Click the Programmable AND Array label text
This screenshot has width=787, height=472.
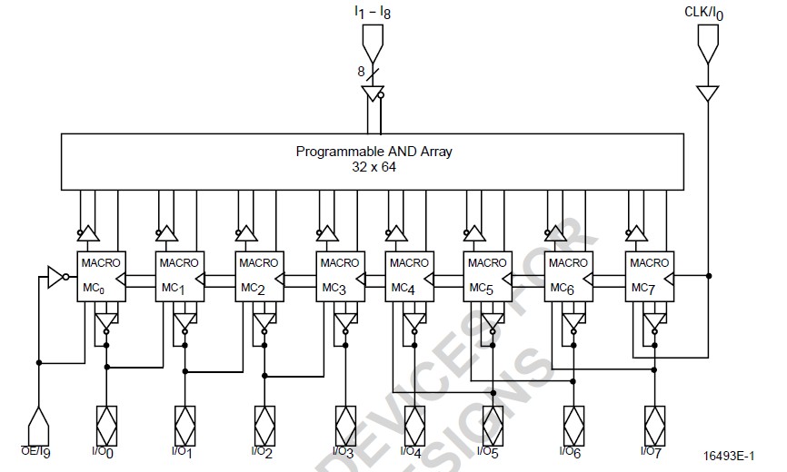pyautogui.click(x=374, y=152)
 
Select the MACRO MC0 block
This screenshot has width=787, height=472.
pyautogui.click(x=99, y=275)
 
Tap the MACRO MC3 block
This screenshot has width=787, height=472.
pyautogui.click(x=339, y=275)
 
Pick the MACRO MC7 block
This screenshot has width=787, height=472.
pyautogui.click(x=649, y=275)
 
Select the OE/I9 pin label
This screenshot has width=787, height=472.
pyautogui.click(x=36, y=451)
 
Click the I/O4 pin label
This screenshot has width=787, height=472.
pyautogui.click(x=413, y=451)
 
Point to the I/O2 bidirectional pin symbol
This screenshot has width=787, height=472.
pyautogui.click(x=264, y=422)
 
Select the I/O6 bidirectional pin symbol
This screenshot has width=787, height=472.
pyautogui.click(x=573, y=422)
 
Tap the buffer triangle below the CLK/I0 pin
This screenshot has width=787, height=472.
pyautogui.click(x=709, y=93)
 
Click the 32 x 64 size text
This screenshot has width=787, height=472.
pyautogui.click(x=374, y=168)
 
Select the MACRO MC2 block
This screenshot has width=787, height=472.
pyautogui.click(x=258, y=275)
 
